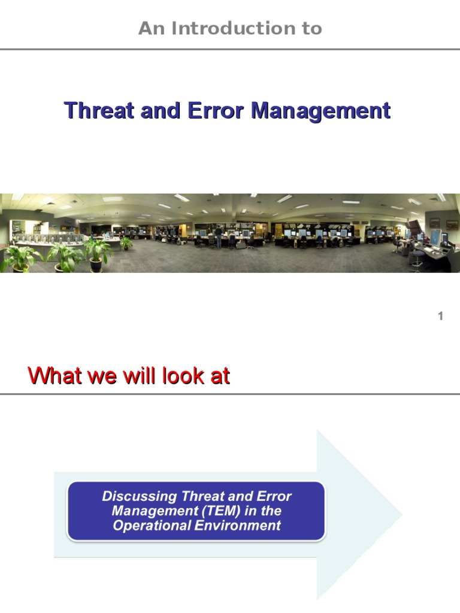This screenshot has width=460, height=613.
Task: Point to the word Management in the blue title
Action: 320,111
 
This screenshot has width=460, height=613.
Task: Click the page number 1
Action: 440,316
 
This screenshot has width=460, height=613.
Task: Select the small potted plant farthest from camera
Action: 126,243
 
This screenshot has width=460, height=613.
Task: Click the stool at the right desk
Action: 417,259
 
